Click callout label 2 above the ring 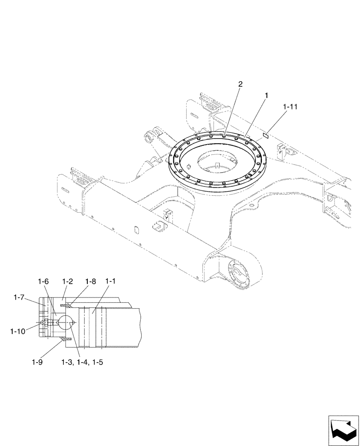(x=240, y=84)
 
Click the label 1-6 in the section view (x=43, y=281)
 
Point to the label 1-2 (x=67, y=281)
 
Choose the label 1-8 (x=90, y=281)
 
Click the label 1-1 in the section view (x=111, y=281)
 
